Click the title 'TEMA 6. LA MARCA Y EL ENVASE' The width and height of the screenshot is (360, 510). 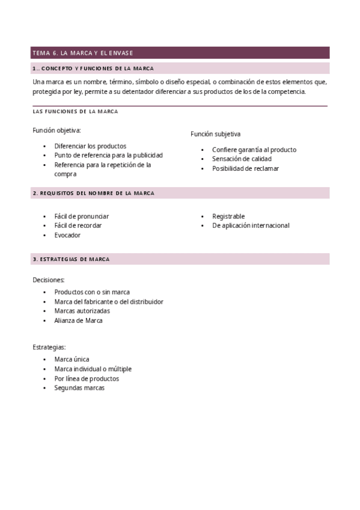click(82, 53)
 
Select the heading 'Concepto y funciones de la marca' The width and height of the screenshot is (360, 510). click(93, 69)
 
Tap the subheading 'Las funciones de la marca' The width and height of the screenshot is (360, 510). click(75, 111)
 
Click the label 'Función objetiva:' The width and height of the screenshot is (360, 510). click(56, 130)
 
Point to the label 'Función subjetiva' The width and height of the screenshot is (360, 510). click(215, 134)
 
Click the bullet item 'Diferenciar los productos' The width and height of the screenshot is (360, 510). click(90, 146)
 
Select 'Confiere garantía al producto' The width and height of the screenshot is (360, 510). click(254, 150)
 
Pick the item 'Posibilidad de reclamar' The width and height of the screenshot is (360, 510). click(245, 168)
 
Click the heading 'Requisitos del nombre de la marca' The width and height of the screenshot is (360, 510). click(93, 193)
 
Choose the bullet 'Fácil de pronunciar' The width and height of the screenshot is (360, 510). click(81, 216)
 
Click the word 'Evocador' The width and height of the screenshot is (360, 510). click(67, 235)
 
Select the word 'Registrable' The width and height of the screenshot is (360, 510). click(228, 216)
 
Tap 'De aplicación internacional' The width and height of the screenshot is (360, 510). click(251, 226)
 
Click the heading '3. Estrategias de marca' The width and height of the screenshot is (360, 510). click(71, 259)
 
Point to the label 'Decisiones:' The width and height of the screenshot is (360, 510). click(48, 280)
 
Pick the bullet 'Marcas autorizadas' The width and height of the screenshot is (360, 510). click(82, 311)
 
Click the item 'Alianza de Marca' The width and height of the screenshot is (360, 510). click(78, 321)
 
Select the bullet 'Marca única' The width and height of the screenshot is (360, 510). click(72, 359)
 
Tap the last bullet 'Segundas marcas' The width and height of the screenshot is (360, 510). click(79, 388)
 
